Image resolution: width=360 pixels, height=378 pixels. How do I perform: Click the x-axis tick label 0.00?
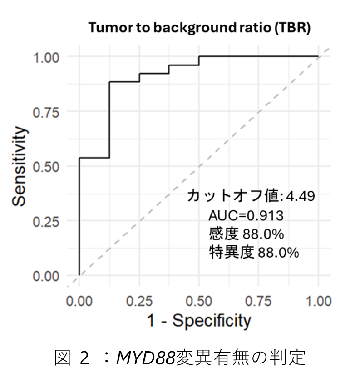(x=79, y=301)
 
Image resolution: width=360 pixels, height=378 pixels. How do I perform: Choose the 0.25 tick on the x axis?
(x=139, y=301)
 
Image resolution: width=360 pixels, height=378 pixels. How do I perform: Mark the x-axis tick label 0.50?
(x=199, y=301)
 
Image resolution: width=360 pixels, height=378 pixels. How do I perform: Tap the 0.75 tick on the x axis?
(x=259, y=301)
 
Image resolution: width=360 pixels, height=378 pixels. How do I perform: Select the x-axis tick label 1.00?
(x=318, y=301)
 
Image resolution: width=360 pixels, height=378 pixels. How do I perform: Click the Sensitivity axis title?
(x=20, y=166)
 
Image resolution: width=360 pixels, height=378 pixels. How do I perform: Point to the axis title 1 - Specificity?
(x=198, y=321)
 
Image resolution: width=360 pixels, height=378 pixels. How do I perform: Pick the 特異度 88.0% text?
(x=253, y=253)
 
